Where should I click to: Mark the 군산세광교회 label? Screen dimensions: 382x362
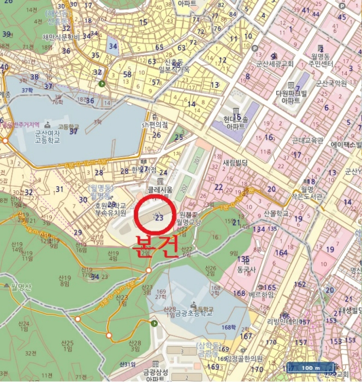271,64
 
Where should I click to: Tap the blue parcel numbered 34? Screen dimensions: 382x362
113,46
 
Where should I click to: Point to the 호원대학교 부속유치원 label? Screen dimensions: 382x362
110,208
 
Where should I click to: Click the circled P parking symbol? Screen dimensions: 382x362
102,83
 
